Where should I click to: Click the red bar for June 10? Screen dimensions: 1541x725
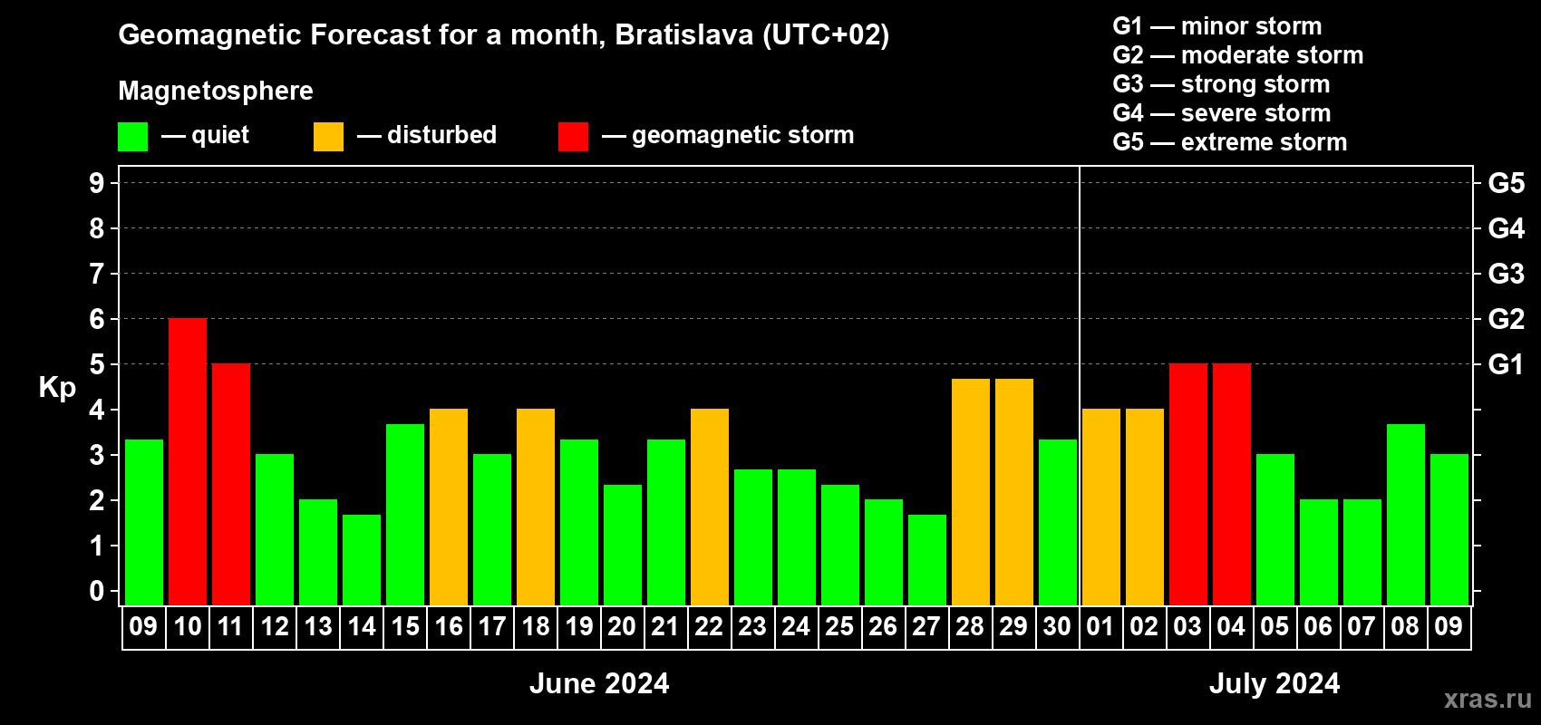pyautogui.click(x=187, y=461)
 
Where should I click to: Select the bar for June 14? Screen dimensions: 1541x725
pyautogui.click(x=361, y=560)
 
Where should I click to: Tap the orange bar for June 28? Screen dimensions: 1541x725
pyautogui.click(x=971, y=492)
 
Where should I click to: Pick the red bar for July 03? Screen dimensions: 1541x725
pyautogui.click(x=1188, y=484)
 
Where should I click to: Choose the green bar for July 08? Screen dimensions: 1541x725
pyautogui.click(x=1405, y=515)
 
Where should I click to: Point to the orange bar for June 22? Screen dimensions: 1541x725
pyautogui.click(x=709, y=507)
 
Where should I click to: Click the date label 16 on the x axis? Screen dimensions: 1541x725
pyautogui.click(x=449, y=626)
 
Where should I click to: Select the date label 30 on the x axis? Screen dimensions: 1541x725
pyautogui.click(x=1057, y=626)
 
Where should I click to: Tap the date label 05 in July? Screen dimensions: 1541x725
pyautogui.click(x=1274, y=626)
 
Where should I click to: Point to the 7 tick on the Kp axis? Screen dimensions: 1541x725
pyautogui.click(x=96, y=274)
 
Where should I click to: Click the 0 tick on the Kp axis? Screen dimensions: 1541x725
pyautogui.click(x=96, y=591)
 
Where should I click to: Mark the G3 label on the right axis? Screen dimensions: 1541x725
pyautogui.click(x=1507, y=274)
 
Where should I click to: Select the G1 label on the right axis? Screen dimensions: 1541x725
pyautogui.click(x=1506, y=364)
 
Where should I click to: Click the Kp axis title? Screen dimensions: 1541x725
pyautogui.click(x=57, y=388)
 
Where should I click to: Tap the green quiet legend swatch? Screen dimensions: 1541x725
pyautogui.click(x=132, y=136)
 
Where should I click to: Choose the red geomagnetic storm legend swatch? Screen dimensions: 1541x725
pyautogui.click(x=573, y=136)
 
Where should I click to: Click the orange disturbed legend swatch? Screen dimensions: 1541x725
pyautogui.click(x=328, y=136)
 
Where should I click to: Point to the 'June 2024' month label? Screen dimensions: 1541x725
pyautogui.click(x=599, y=683)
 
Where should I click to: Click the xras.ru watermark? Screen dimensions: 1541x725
pyautogui.click(x=1488, y=699)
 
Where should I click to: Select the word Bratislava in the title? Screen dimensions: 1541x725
pyautogui.click(x=684, y=35)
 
